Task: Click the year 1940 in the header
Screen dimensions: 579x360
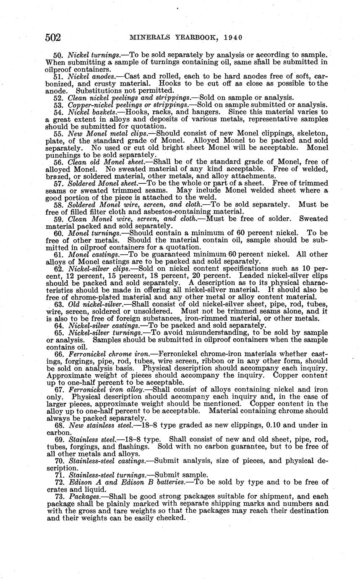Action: [233, 38]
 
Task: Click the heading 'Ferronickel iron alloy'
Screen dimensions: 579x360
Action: [106, 390]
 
